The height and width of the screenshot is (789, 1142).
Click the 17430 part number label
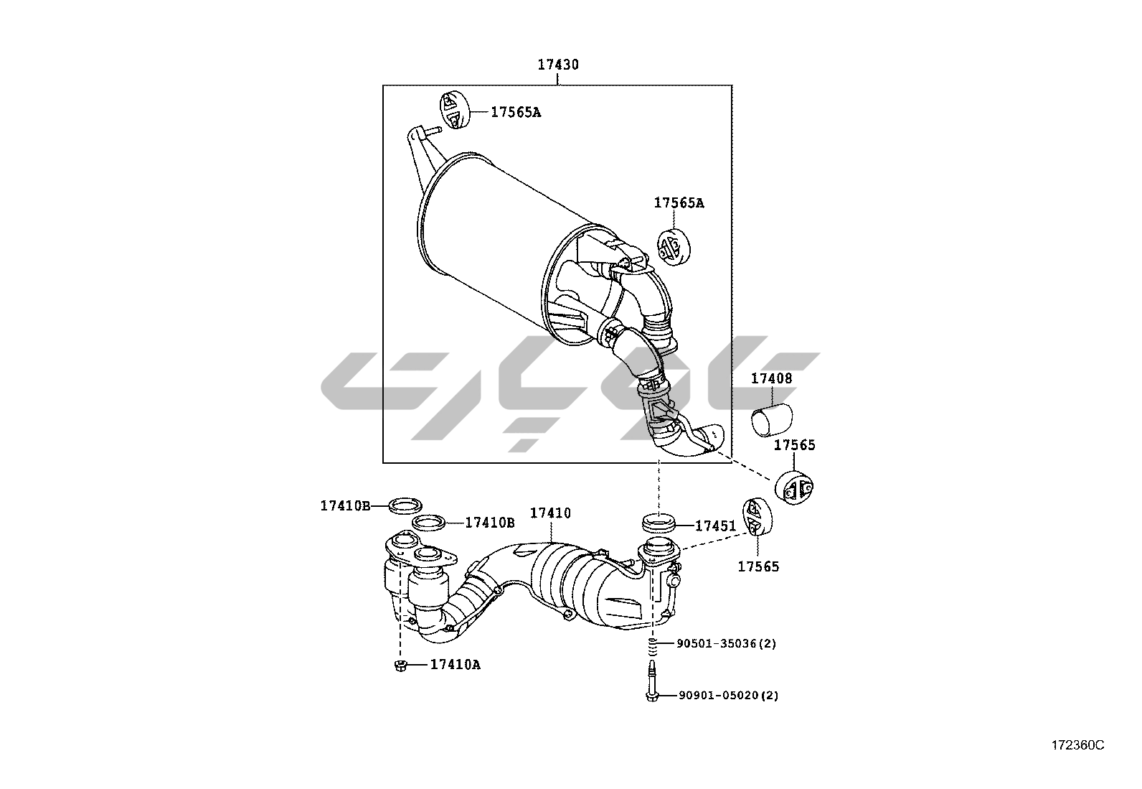tap(558, 65)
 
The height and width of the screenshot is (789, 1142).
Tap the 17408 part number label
tap(771, 378)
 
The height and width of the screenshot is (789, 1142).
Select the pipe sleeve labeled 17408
tap(772, 420)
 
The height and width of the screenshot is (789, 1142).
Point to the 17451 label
tap(716, 526)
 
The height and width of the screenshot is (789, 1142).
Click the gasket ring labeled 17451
tap(659, 523)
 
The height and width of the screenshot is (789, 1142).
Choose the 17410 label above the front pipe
tap(551, 513)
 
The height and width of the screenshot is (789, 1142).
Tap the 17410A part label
tap(456, 665)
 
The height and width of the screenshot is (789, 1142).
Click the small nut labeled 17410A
tap(401, 665)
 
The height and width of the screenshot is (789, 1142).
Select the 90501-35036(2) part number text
tap(727, 643)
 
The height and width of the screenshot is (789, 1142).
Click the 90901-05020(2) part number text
tap(729, 695)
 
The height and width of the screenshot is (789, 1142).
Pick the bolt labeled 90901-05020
tap(652, 681)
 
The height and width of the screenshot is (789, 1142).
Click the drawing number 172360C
tap(1078, 746)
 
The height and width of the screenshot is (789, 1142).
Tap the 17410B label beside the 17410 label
tap(490, 523)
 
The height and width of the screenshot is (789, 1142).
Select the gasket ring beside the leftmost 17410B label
tap(405, 505)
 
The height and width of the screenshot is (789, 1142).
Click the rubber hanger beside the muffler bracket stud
tap(455, 110)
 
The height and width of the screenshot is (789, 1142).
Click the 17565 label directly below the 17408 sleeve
tap(794, 445)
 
